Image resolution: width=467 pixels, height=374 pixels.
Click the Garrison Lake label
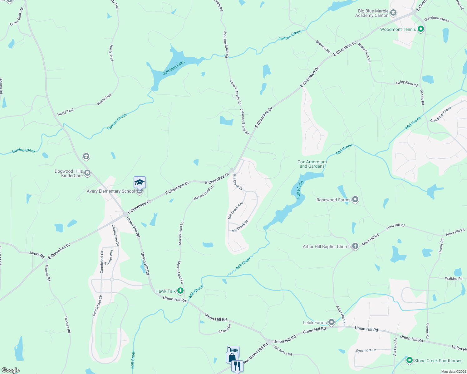(x=174, y=68)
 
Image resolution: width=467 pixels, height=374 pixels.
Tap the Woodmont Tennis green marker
(x=420, y=29)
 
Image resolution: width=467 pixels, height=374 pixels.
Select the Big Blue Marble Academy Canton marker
(x=393, y=13)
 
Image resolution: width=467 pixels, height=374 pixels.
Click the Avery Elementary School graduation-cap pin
(x=140, y=182)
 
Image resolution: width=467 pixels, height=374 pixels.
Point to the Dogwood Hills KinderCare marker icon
(x=87, y=173)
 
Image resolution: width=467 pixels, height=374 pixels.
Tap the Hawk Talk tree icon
(x=180, y=291)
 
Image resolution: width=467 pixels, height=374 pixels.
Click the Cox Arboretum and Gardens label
(x=312, y=164)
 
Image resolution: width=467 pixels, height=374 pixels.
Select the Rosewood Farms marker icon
(x=355, y=199)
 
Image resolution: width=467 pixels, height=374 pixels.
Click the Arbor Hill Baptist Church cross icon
(x=355, y=246)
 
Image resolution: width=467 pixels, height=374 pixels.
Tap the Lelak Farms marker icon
(x=332, y=322)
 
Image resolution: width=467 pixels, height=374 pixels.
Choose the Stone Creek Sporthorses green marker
(x=409, y=360)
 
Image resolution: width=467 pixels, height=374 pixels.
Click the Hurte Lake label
(x=300, y=190)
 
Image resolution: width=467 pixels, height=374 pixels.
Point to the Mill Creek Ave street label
(x=235, y=211)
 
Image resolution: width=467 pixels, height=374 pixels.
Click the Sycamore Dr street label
(x=366, y=350)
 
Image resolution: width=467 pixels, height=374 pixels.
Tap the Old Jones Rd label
(x=283, y=350)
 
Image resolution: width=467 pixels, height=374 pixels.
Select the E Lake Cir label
(x=224, y=328)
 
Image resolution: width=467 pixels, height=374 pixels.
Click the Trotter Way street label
(x=109, y=257)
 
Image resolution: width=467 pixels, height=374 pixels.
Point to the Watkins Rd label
(x=454, y=278)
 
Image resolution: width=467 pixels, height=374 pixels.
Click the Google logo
(x=10, y=370)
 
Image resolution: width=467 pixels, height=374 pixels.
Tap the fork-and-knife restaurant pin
(x=237, y=366)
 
